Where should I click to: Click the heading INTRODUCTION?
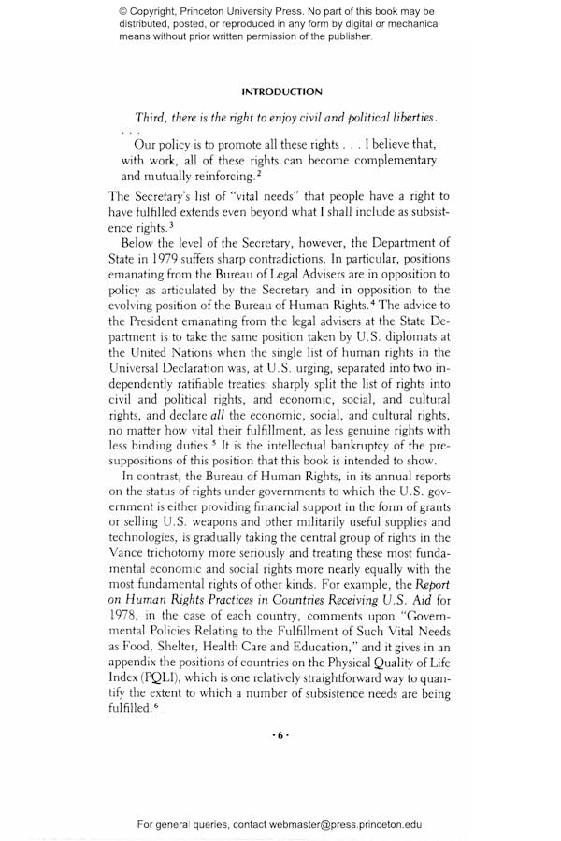click(281, 92)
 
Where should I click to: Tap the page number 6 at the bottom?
click(281, 735)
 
